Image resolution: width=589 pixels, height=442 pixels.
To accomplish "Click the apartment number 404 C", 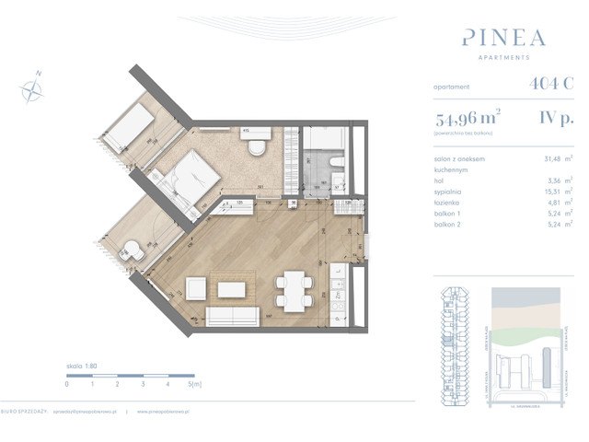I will pyautogui.click(x=551, y=84).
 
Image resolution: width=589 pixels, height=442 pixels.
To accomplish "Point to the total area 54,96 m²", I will pyautogui.click(x=468, y=117).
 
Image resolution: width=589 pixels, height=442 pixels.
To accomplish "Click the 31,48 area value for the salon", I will pyautogui.click(x=552, y=157).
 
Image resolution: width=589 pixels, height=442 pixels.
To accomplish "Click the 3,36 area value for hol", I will pyautogui.click(x=554, y=180).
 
